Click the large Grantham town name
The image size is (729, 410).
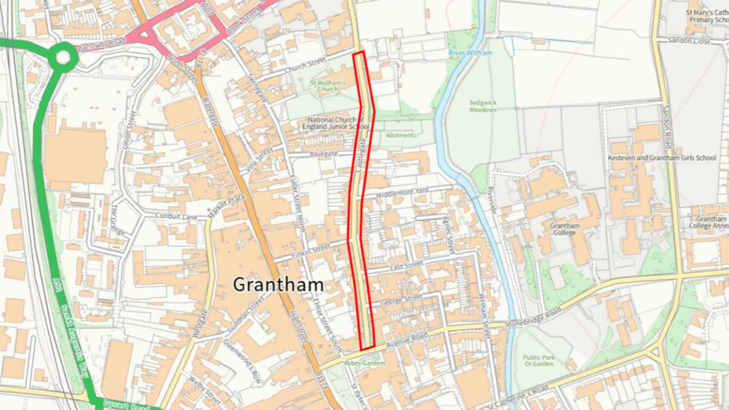[278, 285]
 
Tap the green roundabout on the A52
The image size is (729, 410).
[63, 57]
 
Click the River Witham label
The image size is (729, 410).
[470, 53]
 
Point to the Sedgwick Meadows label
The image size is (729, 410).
[483, 106]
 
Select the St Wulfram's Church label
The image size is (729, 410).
[328, 86]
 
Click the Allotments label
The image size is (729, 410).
[401, 135]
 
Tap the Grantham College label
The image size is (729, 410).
[565, 229]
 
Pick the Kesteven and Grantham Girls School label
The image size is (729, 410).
[662, 158]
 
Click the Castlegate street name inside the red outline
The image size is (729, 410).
[361, 155]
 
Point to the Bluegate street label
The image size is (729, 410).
[323, 154]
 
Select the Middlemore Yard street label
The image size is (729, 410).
[402, 192]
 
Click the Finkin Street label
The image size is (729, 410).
[311, 251]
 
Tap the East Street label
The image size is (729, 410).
[406, 266]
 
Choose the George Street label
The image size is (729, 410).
[401, 300]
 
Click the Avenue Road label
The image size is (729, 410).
[407, 340]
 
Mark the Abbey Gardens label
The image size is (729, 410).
[364, 363]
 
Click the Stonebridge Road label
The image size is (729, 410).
[533, 317]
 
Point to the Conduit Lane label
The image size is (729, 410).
[176, 216]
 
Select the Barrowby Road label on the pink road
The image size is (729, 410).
[101, 44]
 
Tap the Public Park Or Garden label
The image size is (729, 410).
[538, 361]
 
